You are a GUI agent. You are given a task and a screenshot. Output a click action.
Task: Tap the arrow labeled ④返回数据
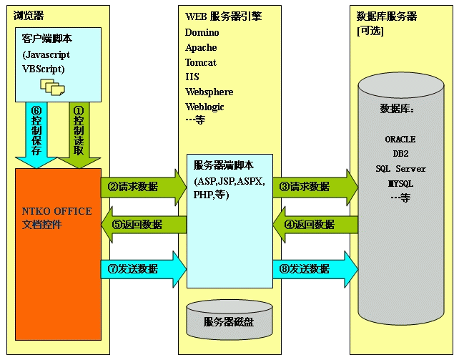(x=315, y=224)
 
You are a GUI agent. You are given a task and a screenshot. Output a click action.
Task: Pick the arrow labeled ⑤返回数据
(x=143, y=224)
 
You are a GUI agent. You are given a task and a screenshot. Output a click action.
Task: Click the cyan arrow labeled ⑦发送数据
(x=143, y=268)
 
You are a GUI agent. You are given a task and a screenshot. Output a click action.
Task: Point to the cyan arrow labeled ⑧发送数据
(x=315, y=268)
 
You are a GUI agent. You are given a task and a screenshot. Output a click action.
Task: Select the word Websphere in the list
(x=209, y=92)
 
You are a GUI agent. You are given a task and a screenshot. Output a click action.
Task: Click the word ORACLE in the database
(x=400, y=140)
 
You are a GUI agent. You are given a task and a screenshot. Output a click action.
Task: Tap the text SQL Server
(x=400, y=169)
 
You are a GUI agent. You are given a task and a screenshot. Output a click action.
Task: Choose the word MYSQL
(x=400, y=184)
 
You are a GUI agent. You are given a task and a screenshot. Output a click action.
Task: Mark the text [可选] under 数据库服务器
(x=371, y=31)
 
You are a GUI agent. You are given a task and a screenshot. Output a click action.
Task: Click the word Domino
(x=202, y=32)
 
